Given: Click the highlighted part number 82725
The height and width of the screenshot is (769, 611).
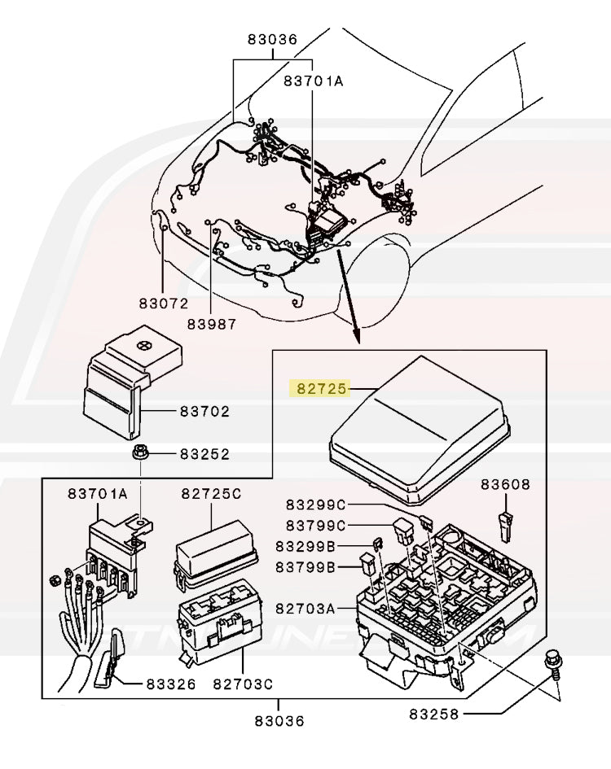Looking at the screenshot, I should (319, 390).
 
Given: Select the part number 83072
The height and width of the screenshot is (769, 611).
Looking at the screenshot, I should (163, 303).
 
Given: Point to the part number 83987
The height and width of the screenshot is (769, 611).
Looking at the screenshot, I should (211, 324).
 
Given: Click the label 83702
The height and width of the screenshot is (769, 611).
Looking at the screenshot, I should (204, 412).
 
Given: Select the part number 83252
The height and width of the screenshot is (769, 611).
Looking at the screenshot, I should (204, 454).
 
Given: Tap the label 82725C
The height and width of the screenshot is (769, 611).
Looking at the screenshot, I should (211, 494).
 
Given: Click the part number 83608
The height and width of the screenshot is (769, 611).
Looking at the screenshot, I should (504, 485).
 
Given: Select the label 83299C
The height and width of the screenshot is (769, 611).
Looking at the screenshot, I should (315, 505).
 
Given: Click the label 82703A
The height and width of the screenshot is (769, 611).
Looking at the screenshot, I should (305, 608).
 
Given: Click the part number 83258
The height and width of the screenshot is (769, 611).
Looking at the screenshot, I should (433, 714).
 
